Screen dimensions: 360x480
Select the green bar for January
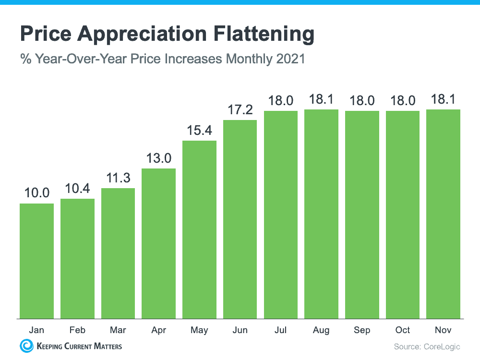tap(36, 261)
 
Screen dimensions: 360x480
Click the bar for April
tap(158, 243)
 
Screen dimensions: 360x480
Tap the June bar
tap(240, 219)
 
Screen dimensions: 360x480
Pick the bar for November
tap(444, 214)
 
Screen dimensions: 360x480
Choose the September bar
tap(362, 215)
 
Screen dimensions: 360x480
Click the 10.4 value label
tap(77, 188)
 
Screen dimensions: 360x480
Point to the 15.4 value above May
tap(199, 130)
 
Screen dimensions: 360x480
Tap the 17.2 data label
tap(240, 109)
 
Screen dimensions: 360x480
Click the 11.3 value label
tap(118, 177)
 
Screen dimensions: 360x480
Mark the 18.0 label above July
tap(281, 100)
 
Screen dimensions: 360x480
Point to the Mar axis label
tap(118, 330)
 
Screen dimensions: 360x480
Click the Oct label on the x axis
tap(403, 330)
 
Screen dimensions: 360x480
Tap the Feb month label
tap(77, 330)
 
